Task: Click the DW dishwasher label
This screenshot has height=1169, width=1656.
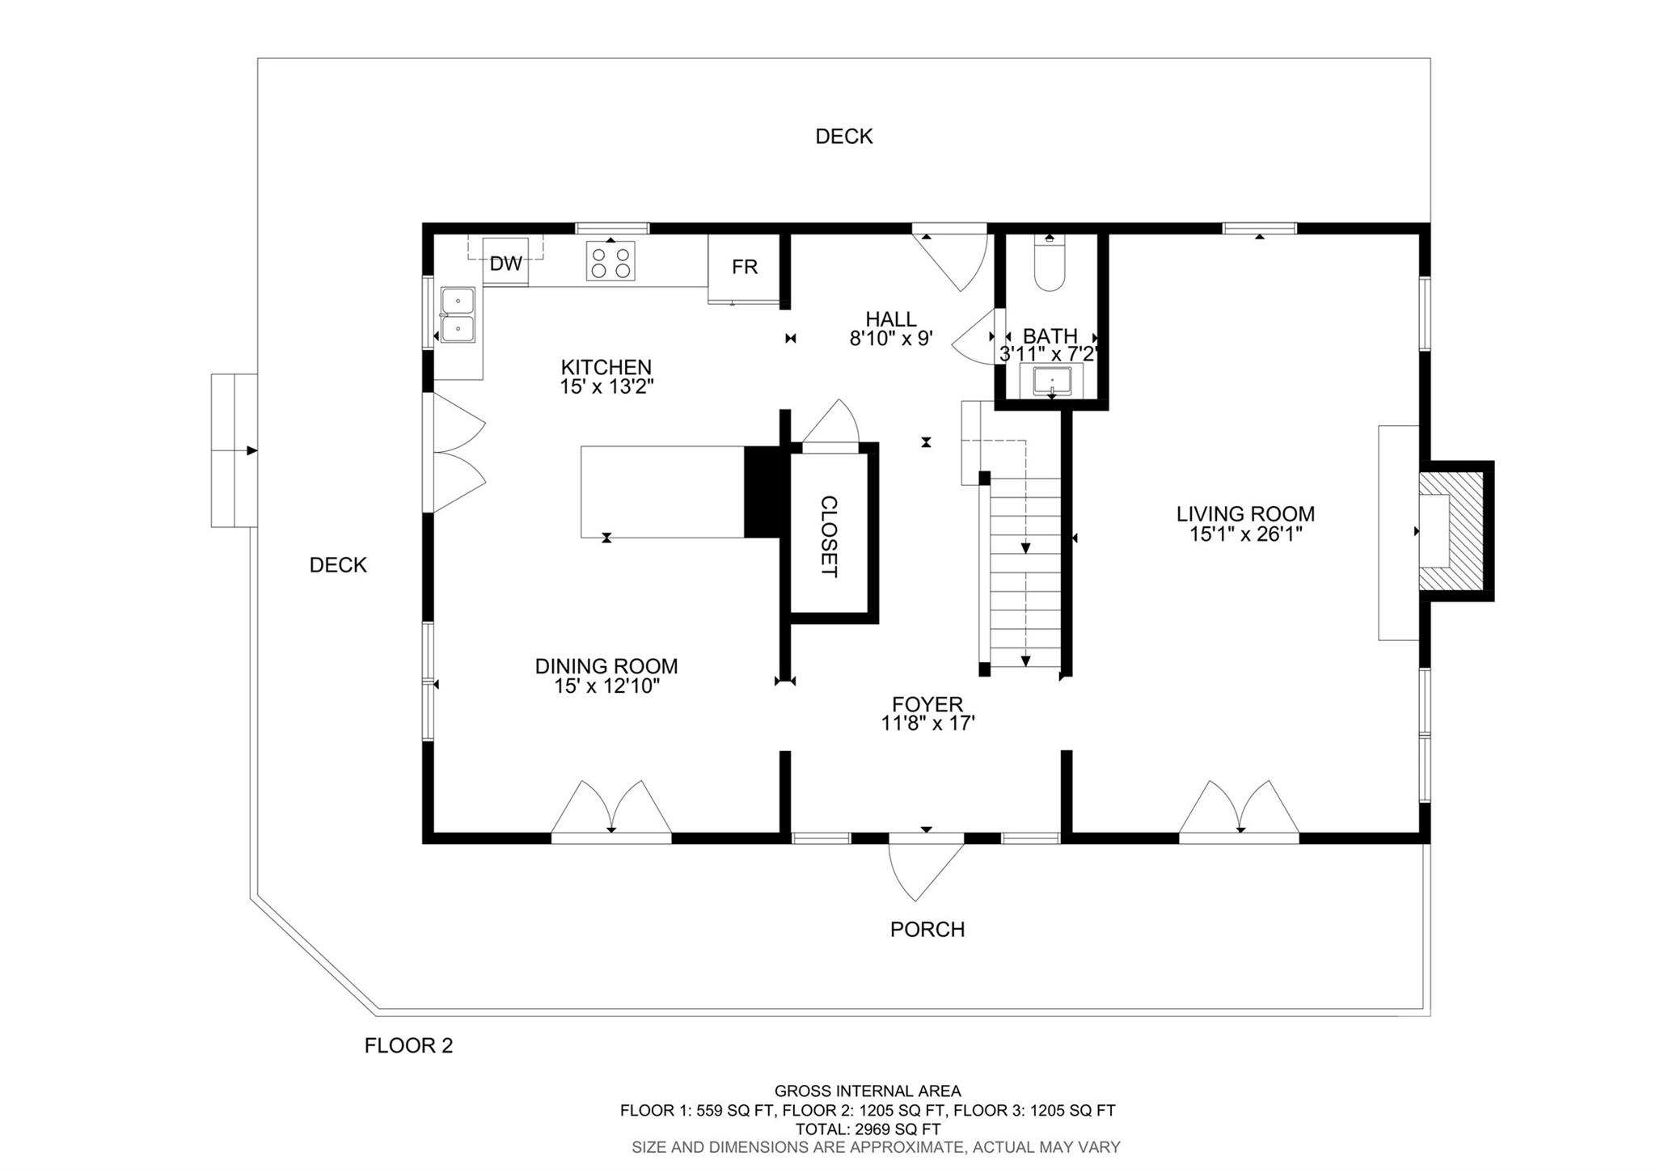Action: point(506,263)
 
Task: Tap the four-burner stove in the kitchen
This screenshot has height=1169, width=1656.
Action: point(610,261)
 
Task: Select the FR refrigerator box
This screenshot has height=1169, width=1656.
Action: point(744,267)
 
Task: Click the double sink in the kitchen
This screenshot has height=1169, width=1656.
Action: point(458,314)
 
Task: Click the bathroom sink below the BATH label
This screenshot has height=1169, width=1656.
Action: point(1051,381)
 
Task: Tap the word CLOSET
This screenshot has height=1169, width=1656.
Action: point(829,537)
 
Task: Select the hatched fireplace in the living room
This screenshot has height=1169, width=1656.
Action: point(1452,531)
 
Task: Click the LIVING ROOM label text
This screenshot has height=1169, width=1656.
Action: point(1245,513)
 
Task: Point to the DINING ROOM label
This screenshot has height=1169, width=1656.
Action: point(606,666)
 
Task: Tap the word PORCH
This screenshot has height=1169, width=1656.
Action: point(927,930)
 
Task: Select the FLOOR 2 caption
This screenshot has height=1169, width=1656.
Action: point(408,1045)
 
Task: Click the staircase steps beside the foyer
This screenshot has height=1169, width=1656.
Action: point(1025,574)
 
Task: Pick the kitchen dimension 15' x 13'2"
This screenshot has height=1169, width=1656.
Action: point(606,387)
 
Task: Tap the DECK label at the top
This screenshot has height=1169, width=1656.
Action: point(843,137)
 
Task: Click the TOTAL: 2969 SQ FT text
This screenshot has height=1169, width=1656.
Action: point(868,1129)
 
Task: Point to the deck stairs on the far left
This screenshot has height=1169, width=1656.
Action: point(234,450)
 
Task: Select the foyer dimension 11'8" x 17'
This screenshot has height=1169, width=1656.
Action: point(927,724)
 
